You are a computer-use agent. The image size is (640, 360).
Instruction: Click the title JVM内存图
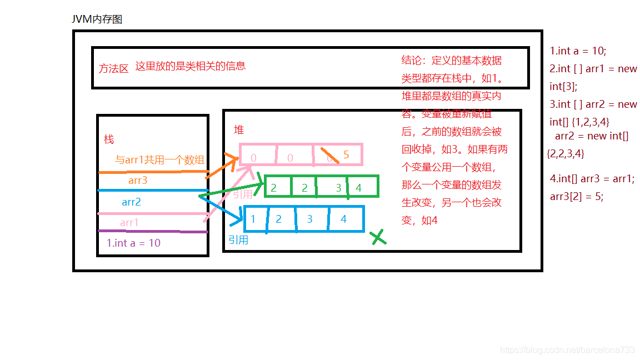pos(97,19)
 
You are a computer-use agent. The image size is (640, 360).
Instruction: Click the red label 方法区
pos(114,68)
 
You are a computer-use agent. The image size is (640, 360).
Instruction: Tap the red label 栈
pos(109,139)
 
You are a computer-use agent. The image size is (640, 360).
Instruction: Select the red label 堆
pos(239,130)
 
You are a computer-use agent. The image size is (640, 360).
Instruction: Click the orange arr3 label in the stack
pos(138,181)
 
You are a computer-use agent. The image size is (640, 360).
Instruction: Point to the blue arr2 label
pos(132,202)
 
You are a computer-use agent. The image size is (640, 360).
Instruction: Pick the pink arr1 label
pos(129,223)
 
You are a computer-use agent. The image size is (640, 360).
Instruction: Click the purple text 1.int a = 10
pos(133,243)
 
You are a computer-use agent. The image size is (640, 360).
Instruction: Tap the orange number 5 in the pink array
pos(346,155)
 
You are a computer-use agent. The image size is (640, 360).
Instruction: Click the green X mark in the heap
pos(378,238)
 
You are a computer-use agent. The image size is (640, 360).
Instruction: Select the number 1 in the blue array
pos(253,219)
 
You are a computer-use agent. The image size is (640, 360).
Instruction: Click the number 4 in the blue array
pos(343,219)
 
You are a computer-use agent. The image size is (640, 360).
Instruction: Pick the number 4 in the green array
pos(358,188)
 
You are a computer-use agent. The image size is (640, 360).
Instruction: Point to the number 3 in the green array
pos(338,188)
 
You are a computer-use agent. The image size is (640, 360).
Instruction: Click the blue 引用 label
pos(238,240)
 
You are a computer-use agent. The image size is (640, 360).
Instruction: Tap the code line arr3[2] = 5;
pos(577,196)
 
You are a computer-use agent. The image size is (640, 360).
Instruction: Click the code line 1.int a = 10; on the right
pos(578,51)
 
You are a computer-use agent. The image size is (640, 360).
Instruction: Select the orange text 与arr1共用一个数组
pos(160,160)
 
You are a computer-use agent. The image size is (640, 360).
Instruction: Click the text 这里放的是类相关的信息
pos(191,66)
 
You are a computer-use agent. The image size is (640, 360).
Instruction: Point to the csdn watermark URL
pos(567,349)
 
